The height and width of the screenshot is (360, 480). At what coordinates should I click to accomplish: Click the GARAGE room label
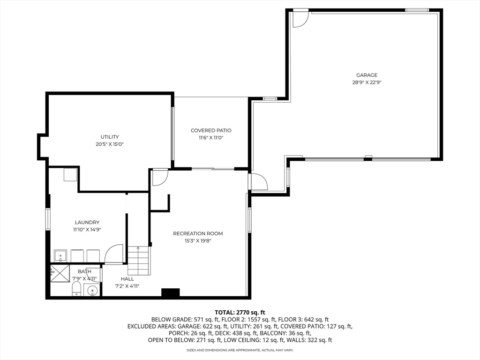click(x=367, y=75)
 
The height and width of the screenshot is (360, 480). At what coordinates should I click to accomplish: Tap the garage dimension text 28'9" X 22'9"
click(x=367, y=82)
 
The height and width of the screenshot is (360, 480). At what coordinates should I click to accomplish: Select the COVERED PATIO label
click(x=211, y=130)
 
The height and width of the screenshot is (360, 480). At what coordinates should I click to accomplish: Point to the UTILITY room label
click(x=110, y=137)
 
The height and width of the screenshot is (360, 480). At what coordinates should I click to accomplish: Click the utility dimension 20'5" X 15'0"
click(x=110, y=144)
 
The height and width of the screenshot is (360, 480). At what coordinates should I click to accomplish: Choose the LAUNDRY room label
click(x=87, y=222)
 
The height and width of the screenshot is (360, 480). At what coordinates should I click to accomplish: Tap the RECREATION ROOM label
click(x=198, y=233)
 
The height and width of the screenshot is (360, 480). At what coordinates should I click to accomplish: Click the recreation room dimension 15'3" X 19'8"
click(x=198, y=241)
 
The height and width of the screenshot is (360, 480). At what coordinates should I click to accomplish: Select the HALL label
click(x=127, y=279)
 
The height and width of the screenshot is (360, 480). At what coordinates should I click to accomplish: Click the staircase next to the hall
click(x=139, y=260)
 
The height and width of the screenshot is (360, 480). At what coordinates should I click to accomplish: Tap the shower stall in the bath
click(x=60, y=274)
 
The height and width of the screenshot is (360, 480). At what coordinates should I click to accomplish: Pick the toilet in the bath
click(x=76, y=289)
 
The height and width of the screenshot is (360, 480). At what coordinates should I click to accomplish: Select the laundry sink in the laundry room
click(x=60, y=256)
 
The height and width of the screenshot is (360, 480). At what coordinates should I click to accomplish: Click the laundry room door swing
click(x=114, y=254)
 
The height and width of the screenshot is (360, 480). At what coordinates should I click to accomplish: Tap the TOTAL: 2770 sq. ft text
click(x=240, y=313)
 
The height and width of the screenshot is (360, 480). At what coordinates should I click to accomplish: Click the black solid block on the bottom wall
click(x=171, y=292)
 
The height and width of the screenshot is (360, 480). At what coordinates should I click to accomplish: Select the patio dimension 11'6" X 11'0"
click(x=211, y=138)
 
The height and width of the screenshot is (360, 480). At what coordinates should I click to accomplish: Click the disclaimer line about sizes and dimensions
click(x=240, y=350)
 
